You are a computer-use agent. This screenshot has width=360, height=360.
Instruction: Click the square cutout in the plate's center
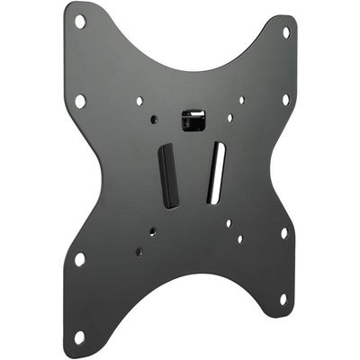click(x=192, y=119)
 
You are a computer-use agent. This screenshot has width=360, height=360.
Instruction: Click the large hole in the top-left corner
click(x=80, y=21)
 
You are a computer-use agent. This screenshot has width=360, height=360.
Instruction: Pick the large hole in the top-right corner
click(x=286, y=31)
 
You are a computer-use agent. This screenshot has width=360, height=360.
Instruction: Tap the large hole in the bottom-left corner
click(x=79, y=337)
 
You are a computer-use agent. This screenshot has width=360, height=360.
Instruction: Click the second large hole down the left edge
click(x=80, y=101)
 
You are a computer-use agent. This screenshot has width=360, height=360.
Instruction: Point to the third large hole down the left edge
click(x=79, y=259)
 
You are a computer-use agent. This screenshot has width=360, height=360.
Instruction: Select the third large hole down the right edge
click(x=283, y=233)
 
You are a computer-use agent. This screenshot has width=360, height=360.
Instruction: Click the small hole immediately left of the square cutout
click(x=154, y=119)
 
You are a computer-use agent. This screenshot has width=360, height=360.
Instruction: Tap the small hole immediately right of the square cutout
click(x=230, y=117)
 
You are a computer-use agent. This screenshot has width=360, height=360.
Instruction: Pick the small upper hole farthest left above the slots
click(x=139, y=101)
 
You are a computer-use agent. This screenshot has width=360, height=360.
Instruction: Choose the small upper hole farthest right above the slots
click(x=241, y=100)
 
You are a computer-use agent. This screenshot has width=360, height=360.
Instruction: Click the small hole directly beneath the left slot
click(x=152, y=231)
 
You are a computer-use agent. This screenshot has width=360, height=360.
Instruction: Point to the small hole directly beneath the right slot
click(x=229, y=222)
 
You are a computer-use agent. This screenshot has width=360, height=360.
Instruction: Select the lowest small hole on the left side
click(x=138, y=253)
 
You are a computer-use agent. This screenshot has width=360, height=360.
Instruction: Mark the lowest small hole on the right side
click(x=240, y=239)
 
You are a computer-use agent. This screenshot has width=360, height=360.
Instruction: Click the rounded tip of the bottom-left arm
click(x=76, y=347)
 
